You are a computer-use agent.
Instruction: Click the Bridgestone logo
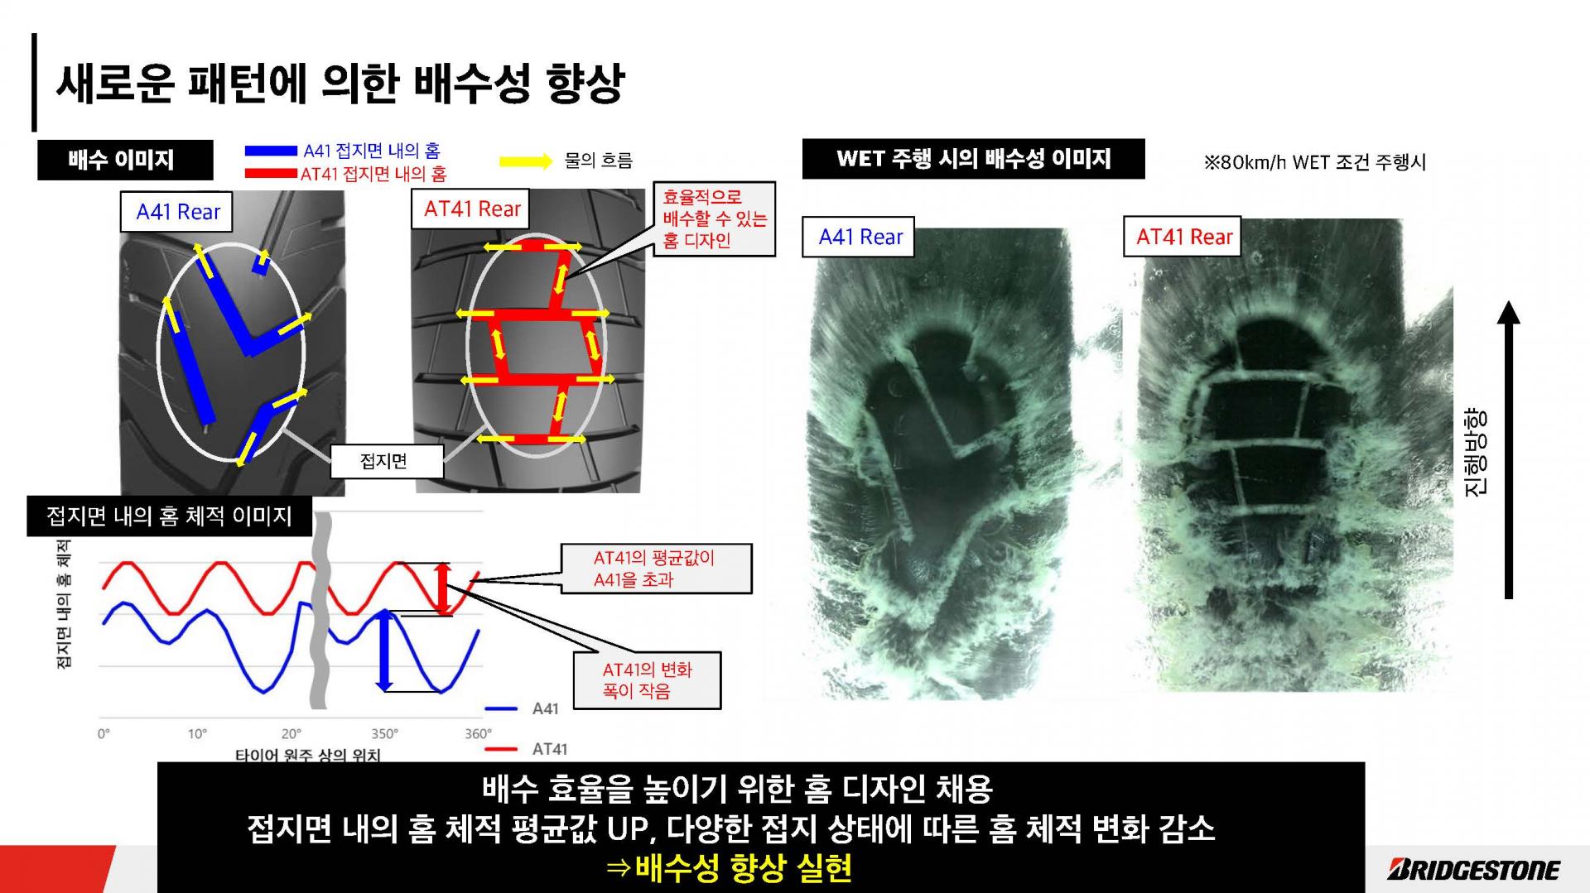point(1473,869)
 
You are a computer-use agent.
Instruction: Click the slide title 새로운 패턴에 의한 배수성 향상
point(340,83)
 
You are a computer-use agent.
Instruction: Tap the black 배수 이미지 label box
point(125,160)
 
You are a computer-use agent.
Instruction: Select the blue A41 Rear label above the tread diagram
point(178,212)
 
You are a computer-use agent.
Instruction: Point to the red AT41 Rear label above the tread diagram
point(472,209)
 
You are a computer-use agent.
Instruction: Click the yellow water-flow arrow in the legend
point(526,161)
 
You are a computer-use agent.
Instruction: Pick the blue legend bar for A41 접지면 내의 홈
point(271,151)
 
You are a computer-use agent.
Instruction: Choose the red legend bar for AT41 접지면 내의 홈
point(271,174)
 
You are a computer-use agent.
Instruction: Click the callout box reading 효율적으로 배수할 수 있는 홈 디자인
point(715,219)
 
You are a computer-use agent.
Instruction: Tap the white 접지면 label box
point(387,461)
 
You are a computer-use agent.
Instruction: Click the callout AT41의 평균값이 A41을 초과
point(656,569)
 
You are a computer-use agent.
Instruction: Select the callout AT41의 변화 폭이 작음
point(648,680)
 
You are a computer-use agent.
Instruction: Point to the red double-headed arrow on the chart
point(444,588)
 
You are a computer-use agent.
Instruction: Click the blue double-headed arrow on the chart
point(383,651)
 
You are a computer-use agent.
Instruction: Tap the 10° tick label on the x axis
point(197,734)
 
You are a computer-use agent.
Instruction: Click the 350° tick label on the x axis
point(384,734)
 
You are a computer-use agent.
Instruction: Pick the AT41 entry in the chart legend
point(527,749)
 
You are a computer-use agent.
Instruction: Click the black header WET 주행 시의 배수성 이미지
point(973,159)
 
